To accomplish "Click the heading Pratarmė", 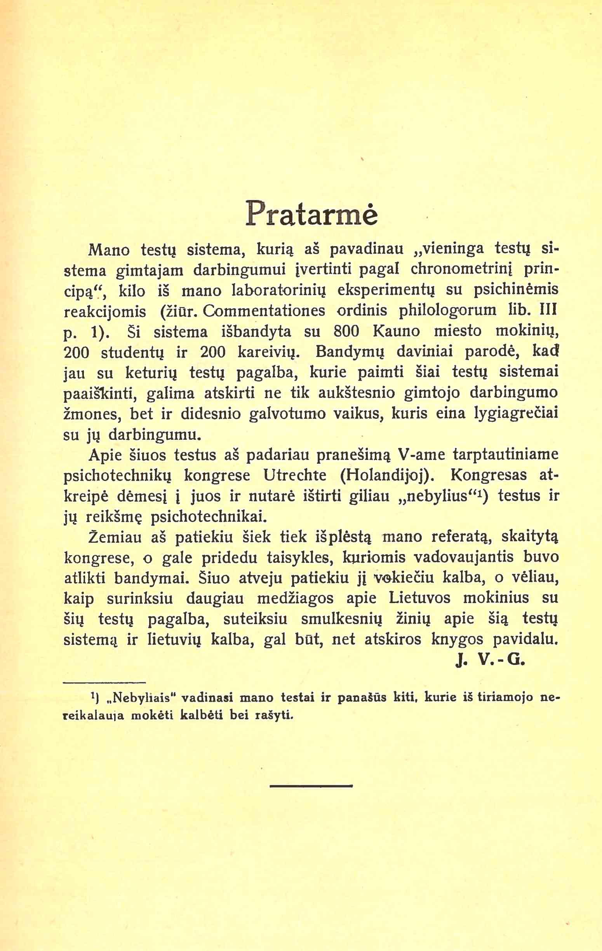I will click(311, 213).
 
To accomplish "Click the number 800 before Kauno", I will click(346, 331).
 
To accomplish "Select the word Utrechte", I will click(295, 475).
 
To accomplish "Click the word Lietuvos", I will click(420, 598).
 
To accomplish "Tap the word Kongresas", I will click(488, 475).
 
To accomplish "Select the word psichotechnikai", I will click(207, 517).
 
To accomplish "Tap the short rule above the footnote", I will click(104, 682).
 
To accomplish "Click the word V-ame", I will click(422, 455).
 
